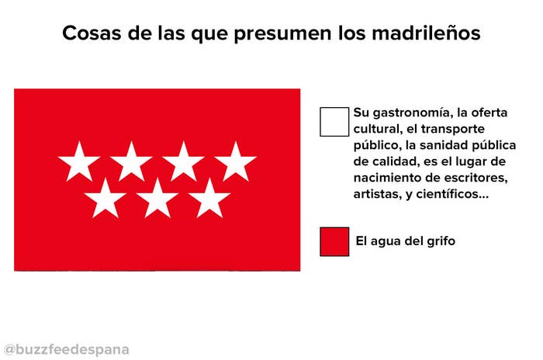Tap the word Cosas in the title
(x=92, y=33)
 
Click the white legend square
(x=334, y=122)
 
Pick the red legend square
(x=334, y=242)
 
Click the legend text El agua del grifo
(x=405, y=241)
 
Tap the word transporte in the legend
(x=452, y=130)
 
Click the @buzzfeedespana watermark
(x=67, y=350)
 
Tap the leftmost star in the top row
(x=79, y=162)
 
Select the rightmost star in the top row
(x=236, y=162)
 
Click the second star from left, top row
(x=131, y=162)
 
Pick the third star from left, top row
(x=184, y=162)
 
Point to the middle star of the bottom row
(x=157, y=199)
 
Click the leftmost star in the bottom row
(x=105, y=199)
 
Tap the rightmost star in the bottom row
(x=209, y=199)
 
